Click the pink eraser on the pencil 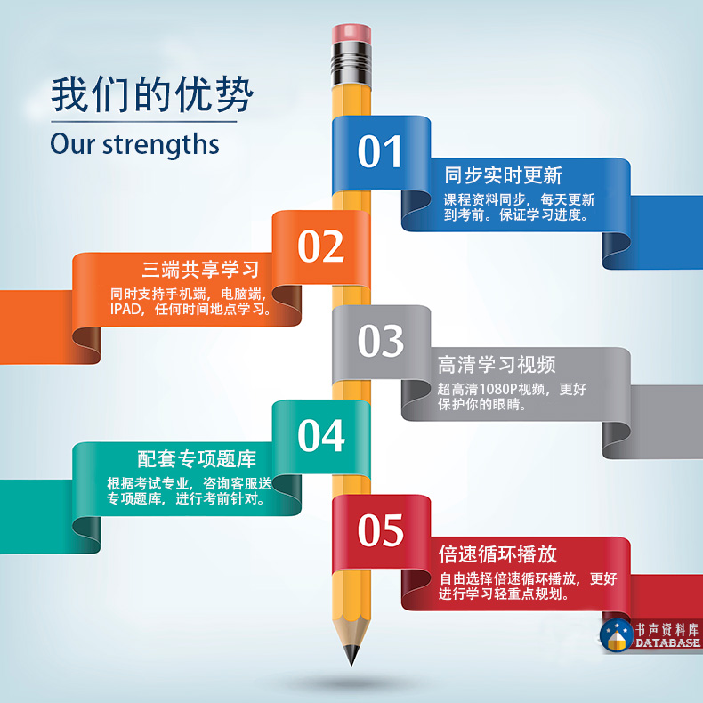tap(351, 34)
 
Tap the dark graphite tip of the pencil tap(351, 655)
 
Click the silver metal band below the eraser tap(351, 64)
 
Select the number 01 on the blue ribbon tap(379, 151)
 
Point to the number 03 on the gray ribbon tap(381, 341)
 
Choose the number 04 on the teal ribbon tap(321, 435)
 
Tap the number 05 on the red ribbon tap(381, 530)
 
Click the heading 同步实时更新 tap(503, 174)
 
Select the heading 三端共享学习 tap(200, 269)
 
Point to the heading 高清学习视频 tap(497, 365)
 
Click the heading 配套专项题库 tap(197, 459)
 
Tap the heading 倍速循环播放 tap(497, 554)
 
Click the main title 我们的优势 tap(152, 94)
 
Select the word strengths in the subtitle tap(161, 145)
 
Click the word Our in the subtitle tap(73, 144)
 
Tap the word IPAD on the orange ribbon tap(125, 309)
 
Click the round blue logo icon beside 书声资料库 tap(617, 635)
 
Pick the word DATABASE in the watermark tap(667, 642)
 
